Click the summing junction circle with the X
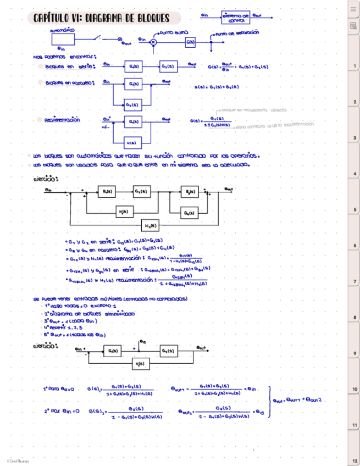154,42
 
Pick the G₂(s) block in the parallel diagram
132,104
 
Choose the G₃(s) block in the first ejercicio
190,192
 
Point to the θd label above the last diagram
142,342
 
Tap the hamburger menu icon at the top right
353,9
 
